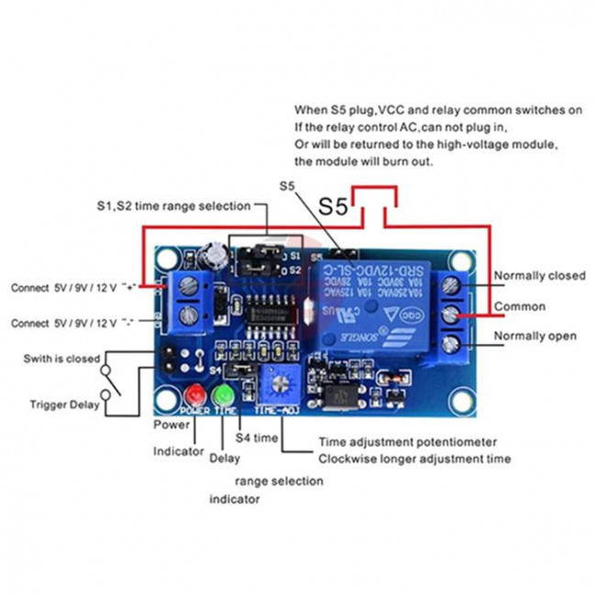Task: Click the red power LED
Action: pos(193,395)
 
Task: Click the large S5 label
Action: pos(333,207)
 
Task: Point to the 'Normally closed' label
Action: pos(540,276)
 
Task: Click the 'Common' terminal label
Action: pos(520,306)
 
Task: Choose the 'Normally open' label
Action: pos(535,337)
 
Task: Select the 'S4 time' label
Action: pos(258,438)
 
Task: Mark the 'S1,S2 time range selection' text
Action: pos(173,206)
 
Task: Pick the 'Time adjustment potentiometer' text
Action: pos(407,442)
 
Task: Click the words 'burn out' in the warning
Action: pos(407,161)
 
